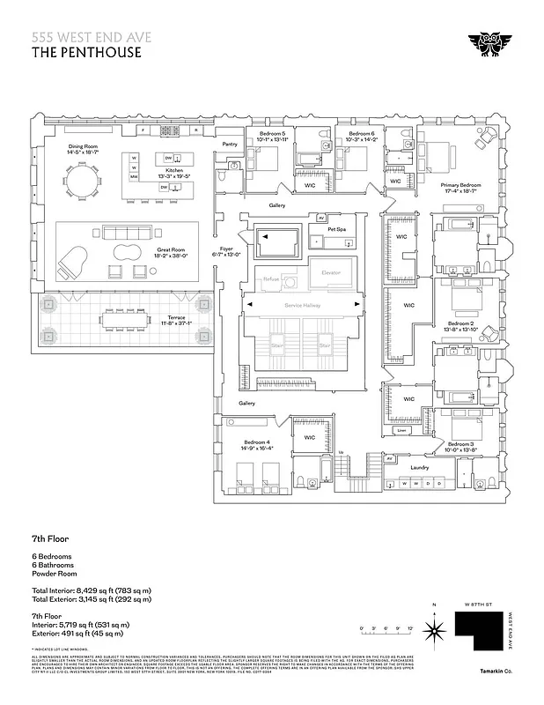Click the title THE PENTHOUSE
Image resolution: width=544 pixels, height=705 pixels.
click(x=86, y=51)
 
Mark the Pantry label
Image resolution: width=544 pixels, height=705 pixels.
click(x=231, y=144)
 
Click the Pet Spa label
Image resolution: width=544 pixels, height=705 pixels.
click(x=336, y=229)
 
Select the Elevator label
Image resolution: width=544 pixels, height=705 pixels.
click(x=331, y=272)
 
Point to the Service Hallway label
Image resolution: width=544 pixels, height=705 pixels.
click(x=305, y=305)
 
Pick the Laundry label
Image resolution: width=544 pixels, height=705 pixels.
click(x=419, y=467)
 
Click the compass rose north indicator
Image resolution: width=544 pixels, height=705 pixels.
click(x=433, y=628)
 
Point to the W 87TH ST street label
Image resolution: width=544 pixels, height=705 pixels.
click(x=474, y=605)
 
